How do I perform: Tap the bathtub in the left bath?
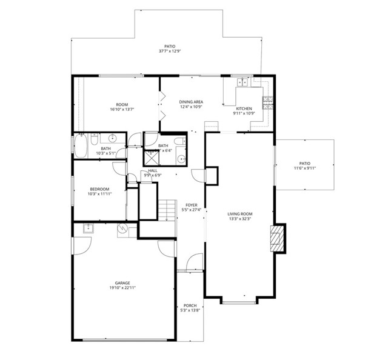tap(80, 146)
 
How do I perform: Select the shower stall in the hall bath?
tap(151, 158)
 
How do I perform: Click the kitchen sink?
tap(242, 82)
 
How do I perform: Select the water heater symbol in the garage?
tap(123, 229)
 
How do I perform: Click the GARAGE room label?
tap(123, 283)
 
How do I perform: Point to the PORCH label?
tap(189, 305)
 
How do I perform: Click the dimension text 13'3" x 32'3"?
tap(240, 219)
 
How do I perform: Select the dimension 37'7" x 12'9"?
tap(170, 51)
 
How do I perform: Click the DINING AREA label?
tap(191, 102)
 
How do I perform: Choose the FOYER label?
tap(192, 205)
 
